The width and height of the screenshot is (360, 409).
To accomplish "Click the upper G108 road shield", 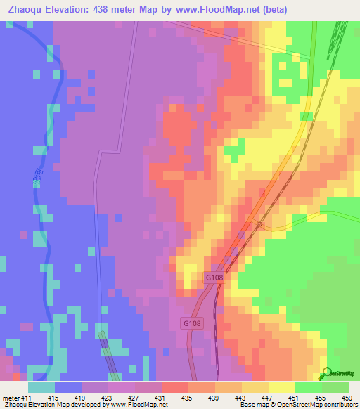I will click(x=215, y=278).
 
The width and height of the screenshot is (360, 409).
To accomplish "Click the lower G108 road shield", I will click(x=190, y=323).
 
